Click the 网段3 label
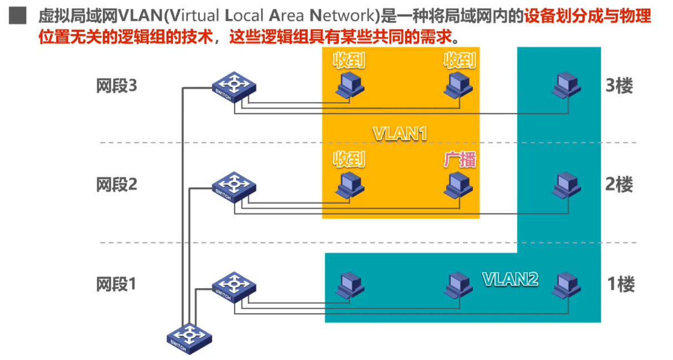point(116,86)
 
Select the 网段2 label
point(116,184)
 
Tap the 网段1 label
point(116,284)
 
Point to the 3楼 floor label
point(620,86)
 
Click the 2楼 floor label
point(620,184)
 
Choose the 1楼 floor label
point(620,284)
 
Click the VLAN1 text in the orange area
point(400,134)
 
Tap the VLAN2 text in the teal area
point(510,279)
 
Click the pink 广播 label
point(460,160)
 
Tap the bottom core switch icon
point(190,337)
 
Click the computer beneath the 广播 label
point(458,185)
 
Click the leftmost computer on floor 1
point(350,284)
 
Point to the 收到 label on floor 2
point(349,160)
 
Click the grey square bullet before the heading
point(18,16)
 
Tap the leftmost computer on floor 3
point(350,86)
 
